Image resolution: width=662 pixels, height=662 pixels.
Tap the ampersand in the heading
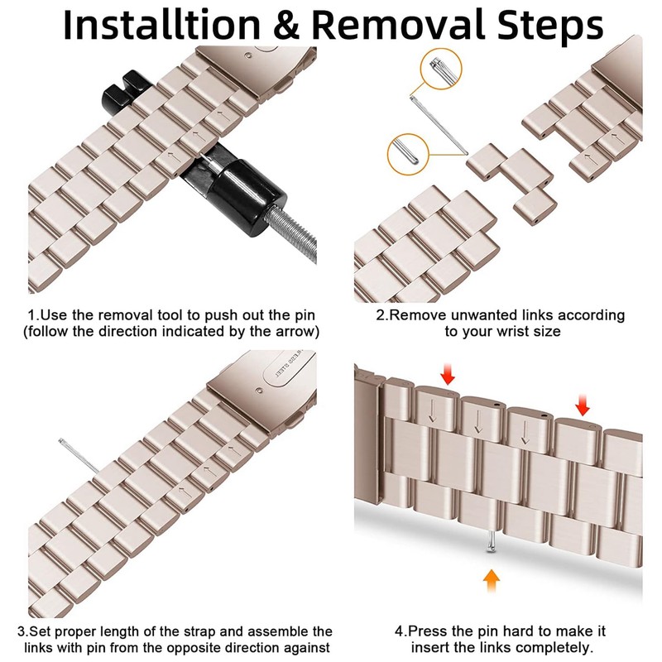(x=285, y=25)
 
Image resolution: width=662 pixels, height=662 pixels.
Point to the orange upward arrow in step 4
(x=491, y=581)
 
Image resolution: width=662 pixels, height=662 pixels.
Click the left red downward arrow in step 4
(x=448, y=374)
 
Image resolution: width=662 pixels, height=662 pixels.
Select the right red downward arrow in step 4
(x=583, y=405)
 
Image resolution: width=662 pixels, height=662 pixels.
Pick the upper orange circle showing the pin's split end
(x=441, y=69)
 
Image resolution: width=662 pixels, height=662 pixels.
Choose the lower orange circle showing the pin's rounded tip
(x=408, y=155)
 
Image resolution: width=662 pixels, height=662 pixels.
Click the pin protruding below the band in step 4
(x=491, y=541)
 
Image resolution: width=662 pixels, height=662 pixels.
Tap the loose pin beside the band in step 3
(x=79, y=456)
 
